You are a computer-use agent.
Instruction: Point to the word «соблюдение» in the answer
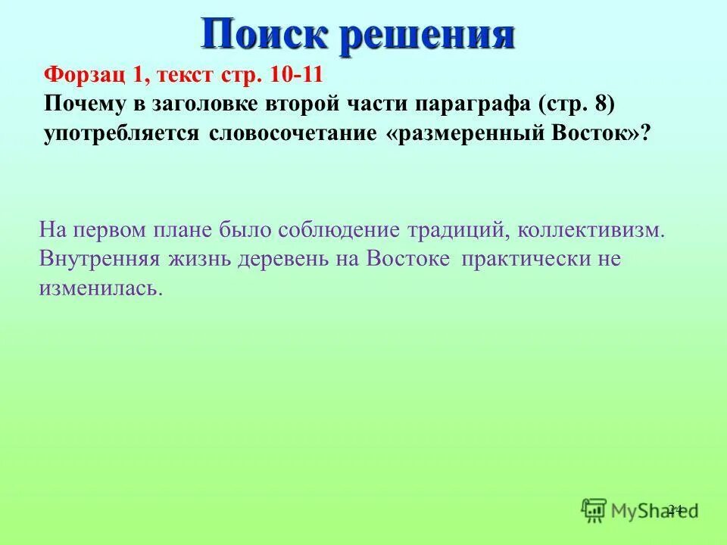329,230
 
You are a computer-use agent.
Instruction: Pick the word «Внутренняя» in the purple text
99,259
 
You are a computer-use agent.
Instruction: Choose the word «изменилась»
100,288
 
